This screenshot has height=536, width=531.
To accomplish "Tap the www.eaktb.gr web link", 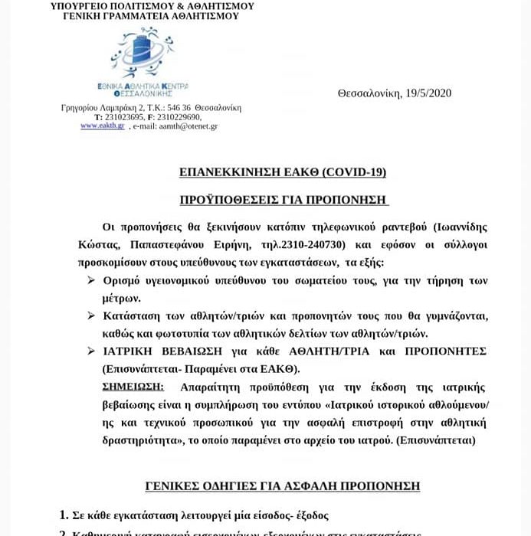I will click(x=97, y=126).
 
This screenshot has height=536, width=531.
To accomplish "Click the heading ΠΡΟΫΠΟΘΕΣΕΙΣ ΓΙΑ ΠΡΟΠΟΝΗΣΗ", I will click(x=284, y=199).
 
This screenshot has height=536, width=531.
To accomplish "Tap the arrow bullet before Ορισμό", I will click(x=91, y=281).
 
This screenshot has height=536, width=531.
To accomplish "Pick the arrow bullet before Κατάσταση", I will click(x=91, y=315).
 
